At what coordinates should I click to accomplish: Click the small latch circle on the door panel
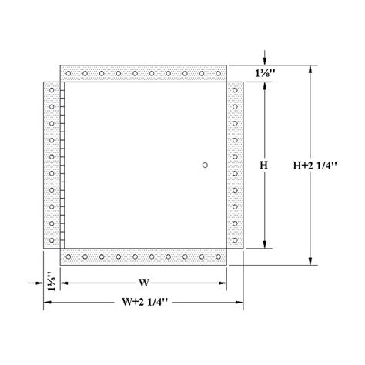[x=204, y=165]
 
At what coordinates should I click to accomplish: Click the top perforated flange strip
[x=143, y=74]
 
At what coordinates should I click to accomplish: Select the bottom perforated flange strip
[x=143, y=257]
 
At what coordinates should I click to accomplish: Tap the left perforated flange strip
[x=51, y=165]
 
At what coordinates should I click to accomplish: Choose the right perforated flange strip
[x=235, y=165]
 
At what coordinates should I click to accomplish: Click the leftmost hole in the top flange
[x=69, y=74]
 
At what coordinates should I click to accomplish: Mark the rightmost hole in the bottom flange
[x=218, y=257]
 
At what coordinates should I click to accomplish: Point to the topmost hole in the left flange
[x=51, y=91]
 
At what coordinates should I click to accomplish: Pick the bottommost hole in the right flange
[x=235, y=239]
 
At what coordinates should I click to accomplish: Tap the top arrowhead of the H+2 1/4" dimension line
[x=310, y=70]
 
